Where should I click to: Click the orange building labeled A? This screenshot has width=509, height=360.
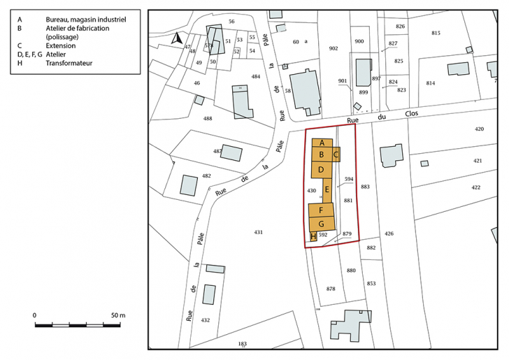coord(322,143)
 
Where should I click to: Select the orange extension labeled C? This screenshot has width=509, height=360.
coord(336,154)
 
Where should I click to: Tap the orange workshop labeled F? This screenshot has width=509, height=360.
coord(320,210)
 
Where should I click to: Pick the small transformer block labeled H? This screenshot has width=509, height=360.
coord(313,236)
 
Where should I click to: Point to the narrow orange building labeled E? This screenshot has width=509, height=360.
coord(327,189)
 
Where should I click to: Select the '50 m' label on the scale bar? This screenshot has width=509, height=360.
coord(117,316)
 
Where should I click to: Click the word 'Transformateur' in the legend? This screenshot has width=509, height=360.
coord(69,63)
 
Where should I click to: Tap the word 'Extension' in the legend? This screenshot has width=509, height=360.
coord(62,45)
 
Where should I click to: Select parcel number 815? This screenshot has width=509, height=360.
coord(436,33)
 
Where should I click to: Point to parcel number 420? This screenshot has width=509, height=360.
coord(478,129)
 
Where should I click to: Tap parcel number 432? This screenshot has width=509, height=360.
coord(205,319)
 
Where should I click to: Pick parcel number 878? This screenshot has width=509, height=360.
coord(331,289)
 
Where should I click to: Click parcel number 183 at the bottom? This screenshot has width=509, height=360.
coord(243,343)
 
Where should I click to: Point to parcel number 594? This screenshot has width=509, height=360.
coord(349,179)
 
